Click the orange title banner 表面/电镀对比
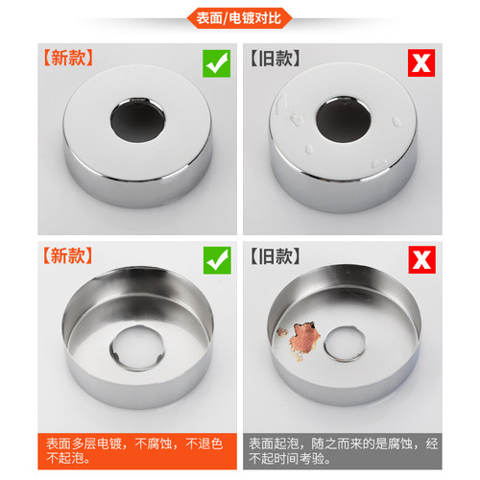pyautogui.click(x=239, y=18)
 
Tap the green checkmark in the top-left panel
pyautogui.click(x=216, y=63)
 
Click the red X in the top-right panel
pyautogui.click(x=421, y=62)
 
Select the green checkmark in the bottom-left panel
pyautogui.click(x=217, y=260)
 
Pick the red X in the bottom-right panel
pyautogui.click(x=421, y=259)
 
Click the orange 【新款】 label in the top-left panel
pyautogui.click(x=68, y=58)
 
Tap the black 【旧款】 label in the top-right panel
pyautogui.click(x=275, y=58)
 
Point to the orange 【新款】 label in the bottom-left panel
pyautogui.click(x=68, y=255)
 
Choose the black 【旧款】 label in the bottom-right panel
pyautogui.click(x=275, y=256)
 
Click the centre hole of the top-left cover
pyautogui.click(x=138, y=121)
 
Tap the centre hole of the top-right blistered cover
pyautogui.click(x=344, y=119)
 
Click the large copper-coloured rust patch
pyautogui.click(x=304, y=339)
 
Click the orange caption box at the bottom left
pyautogui.click(x=137, y=451)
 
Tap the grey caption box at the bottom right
pyautogui.click(x=343, y=451)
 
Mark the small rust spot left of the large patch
pyautogui.click(x=281, y=332)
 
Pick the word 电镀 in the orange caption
pyautogui.click(x=109, y=444)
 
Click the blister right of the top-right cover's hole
pyautogui.click(x=396, y=121)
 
